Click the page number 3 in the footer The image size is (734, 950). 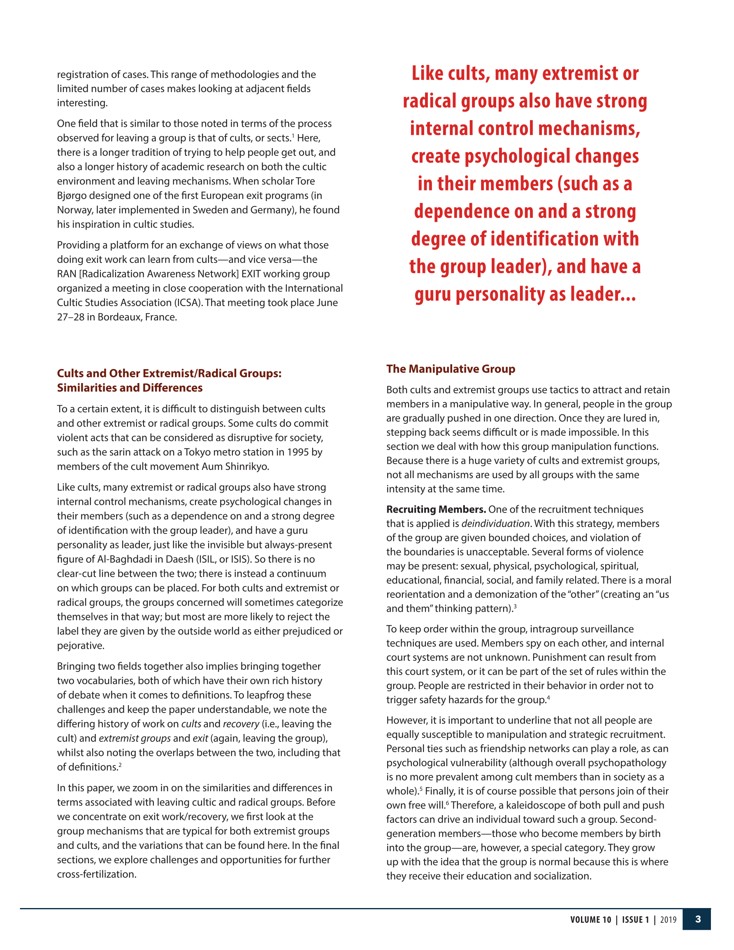(698, 919)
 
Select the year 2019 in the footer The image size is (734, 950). (668, 920)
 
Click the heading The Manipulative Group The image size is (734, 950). (451, 369)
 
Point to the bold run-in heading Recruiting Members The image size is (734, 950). (436, 509)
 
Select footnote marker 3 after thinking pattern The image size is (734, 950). (515, 606)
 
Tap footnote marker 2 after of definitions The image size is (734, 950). (120, 765)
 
